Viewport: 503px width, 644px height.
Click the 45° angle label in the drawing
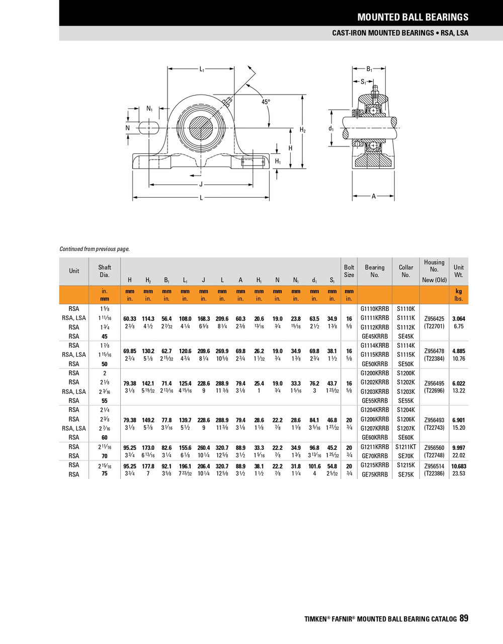pos(266,102)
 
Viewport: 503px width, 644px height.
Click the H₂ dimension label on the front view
pos(303,130)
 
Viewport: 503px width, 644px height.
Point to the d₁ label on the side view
pos(331,129)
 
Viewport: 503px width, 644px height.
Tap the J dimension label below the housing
pos(201,184)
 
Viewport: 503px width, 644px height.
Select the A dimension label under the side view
pos(373,196)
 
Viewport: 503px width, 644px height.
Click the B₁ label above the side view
pos(369,69)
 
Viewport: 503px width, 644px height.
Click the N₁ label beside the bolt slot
pos(149,109)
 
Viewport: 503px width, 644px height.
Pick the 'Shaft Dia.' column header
pos(105,271)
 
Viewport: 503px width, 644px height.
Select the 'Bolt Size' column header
pos(349,271)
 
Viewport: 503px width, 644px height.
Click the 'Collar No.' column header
pos(406,271)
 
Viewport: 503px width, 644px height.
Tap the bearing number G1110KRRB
pos(375,309)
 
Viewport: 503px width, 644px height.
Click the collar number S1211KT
pos(406,447)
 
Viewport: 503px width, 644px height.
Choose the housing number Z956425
pos(434,319)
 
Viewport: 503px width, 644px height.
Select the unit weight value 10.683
pos(459,466)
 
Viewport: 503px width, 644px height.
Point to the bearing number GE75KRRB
pos(375,474)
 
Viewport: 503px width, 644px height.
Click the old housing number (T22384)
pos(434,359)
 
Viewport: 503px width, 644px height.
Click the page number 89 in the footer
pos(464,618)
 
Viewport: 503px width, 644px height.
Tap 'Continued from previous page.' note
pos(95,249)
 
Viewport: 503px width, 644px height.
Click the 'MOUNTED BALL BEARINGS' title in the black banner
pos(412,17)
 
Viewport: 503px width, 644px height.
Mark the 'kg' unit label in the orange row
pos(459,291)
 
